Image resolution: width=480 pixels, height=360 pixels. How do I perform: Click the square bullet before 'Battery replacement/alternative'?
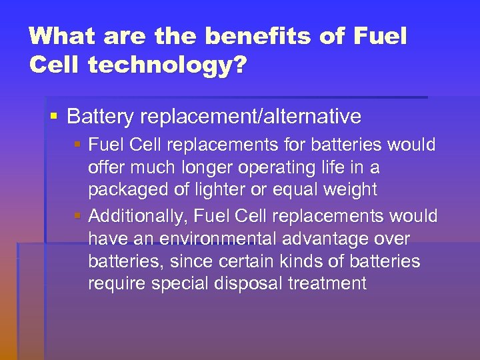click(54, 117)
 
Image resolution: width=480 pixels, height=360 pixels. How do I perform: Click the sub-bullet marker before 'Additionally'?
click(79, 216)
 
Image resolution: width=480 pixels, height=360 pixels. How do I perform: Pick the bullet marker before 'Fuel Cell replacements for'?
click(79, 144)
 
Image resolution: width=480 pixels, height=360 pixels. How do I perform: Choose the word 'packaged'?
click(127, 190)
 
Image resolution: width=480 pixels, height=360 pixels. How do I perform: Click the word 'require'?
click(117, 284)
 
